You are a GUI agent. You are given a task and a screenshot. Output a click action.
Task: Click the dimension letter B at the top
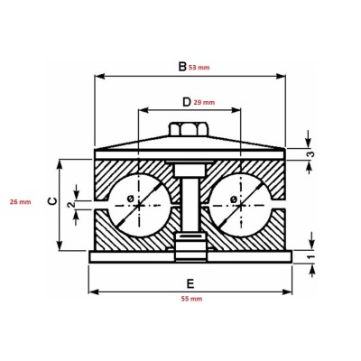pyautogui.click(x=181, y=65)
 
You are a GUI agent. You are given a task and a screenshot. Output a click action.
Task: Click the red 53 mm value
pyautogui.click(x=201, y=66)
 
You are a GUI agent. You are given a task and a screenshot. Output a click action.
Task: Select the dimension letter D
pyautogui.click(x=186, y=102)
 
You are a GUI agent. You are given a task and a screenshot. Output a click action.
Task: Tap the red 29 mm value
pyautogui.click(x=206, y=103)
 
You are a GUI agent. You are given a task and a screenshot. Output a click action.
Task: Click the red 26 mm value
pyautogui.click(x=18, y=201)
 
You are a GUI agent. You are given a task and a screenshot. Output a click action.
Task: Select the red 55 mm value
pyautogui.click(x=190, y=299)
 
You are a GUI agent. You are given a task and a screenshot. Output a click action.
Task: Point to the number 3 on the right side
pyautogui.click(x=311, y=154)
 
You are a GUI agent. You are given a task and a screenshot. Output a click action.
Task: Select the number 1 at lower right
pyautogui.click(x=312, y=257)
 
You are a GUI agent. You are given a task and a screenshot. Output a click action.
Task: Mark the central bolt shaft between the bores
pyautogui.click(x=190, y=203)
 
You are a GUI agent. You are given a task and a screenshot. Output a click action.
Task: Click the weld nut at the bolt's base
pyautogui.click(x=190, y=244)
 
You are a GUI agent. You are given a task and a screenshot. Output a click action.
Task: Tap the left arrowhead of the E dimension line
pyautogui.click(x=93, y=292)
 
